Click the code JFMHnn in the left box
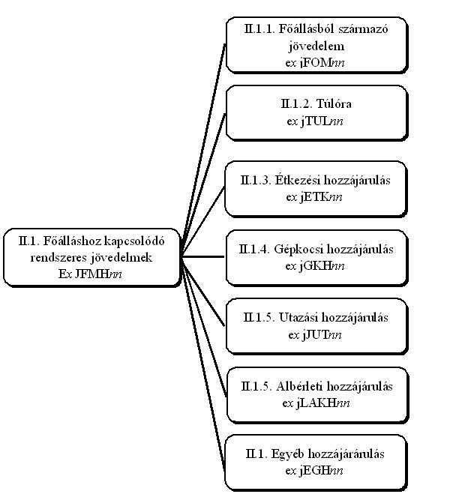coord(101,273)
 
